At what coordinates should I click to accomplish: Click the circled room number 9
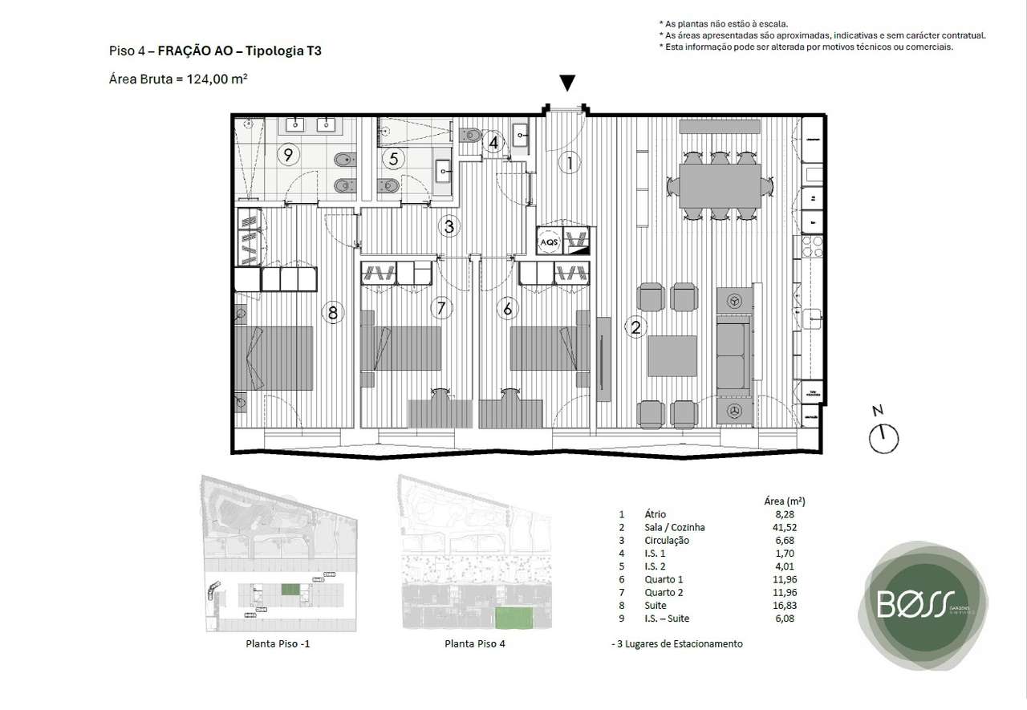286,154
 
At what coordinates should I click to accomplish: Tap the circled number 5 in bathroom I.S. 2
393,158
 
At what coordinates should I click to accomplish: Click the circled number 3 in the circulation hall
449,227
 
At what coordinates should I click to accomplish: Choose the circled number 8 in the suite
333,312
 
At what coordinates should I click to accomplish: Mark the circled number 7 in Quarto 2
440,307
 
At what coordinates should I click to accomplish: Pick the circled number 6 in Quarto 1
506,307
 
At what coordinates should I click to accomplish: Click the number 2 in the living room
635,327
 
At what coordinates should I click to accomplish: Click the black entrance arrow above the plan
566,83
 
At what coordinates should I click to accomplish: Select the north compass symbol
883,438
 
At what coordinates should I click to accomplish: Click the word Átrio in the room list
655,514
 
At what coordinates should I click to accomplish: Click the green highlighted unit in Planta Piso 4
514,619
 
